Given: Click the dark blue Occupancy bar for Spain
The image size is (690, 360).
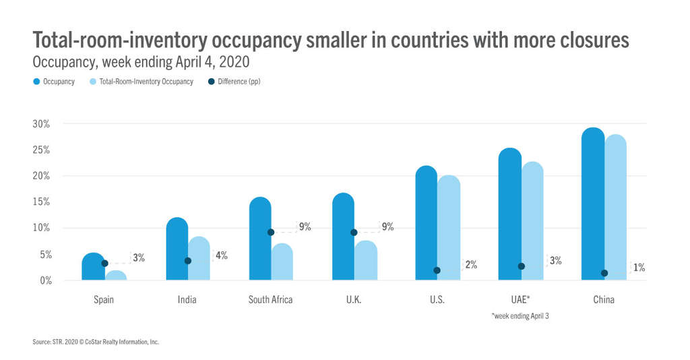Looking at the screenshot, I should pos(93,268).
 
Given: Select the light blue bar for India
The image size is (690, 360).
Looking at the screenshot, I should pos(199,259).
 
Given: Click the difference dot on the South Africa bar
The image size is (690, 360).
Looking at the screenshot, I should pos(271,232).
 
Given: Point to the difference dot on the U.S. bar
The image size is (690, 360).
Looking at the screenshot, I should pos(437,270).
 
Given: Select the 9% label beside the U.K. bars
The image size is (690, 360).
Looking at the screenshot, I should pos(387,227).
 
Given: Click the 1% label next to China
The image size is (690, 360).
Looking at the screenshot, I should pos(639,268).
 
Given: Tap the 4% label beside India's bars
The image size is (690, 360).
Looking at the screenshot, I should pos(222,256).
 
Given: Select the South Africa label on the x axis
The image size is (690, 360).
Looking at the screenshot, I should pos(271,299).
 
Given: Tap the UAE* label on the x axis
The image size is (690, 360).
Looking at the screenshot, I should pos(520,299).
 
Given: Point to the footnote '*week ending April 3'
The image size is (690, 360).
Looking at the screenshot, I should pos(520,316).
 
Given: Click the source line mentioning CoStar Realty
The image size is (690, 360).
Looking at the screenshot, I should pos(96,342).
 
